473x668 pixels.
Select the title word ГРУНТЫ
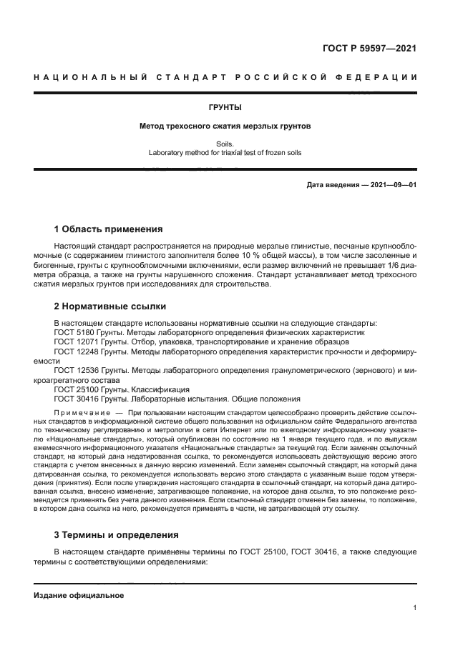[225, 108]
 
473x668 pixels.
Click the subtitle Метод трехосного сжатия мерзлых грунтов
[225, 126]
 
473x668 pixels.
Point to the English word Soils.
[225, 144]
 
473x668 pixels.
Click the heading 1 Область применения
[108, 229]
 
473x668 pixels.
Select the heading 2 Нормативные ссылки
[110, 306]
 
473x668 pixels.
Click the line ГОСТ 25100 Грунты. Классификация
[122, 390]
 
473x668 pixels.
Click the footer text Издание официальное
[79, 595]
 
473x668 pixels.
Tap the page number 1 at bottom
[414, 608]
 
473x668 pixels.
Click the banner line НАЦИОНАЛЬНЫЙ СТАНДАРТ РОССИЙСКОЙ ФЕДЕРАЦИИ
[225, 76]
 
